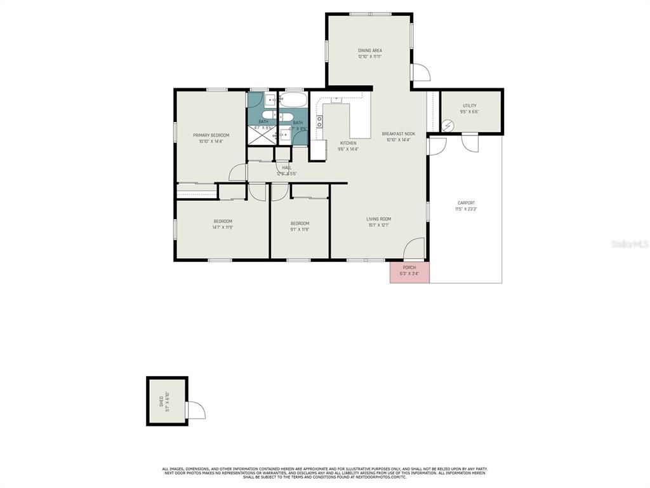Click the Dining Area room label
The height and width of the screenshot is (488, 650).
pos(369,50)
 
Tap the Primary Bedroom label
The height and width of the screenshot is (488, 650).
pos(211,135)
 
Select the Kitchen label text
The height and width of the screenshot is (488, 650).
pos(348,143)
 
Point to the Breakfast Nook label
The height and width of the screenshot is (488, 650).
pos(398,133)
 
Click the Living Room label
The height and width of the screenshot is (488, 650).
pos(378,219)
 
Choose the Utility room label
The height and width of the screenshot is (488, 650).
pos(469,105)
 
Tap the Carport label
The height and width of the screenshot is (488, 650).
pos(466,203)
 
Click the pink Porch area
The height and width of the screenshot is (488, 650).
pos(409,271)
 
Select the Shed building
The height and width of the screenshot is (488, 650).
pos(166,401)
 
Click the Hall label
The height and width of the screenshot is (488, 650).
pos(287,168)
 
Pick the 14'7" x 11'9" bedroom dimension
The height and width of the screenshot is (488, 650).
pos(222,227)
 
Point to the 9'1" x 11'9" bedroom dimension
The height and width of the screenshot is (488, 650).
pos(300,229)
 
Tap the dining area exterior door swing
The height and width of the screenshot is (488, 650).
pos(420,73)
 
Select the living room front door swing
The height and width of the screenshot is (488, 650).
pos(415,248)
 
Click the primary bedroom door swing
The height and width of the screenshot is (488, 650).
pos(238,173)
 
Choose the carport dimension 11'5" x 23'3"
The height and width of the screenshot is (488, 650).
pos(466,208)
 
